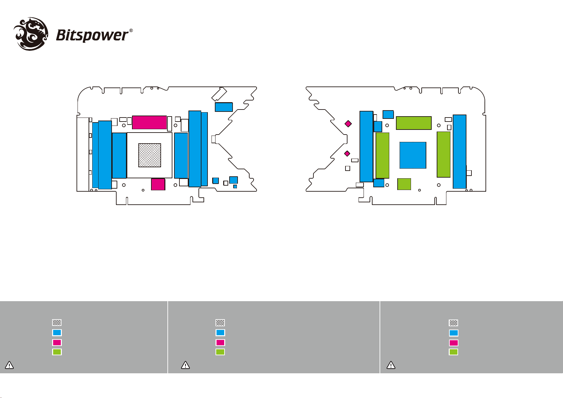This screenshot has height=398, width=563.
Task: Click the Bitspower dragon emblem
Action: (x=31, y=34)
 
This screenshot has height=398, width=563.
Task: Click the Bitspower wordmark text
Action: (x=92, y=35)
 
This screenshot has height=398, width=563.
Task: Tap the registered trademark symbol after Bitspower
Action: (x=131, y=31)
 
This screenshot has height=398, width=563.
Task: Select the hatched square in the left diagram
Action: (x=150, y=155)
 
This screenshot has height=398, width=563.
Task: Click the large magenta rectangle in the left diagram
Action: (x=149, y=122)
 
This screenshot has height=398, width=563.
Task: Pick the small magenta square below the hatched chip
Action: (x=158, y=184)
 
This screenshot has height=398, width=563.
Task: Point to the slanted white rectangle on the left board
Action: (x=219, y=94)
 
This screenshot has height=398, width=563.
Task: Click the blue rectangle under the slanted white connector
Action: (x=224, y=107)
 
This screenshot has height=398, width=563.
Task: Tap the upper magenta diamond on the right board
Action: (x=348, y=124)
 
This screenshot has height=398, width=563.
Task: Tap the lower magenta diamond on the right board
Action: (x=347, y=154)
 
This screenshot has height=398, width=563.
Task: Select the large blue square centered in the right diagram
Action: (x=413, y=155)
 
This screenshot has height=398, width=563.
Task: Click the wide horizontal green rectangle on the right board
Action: (x=414, y=123)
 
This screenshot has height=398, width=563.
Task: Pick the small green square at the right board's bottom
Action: (x=404, y=184)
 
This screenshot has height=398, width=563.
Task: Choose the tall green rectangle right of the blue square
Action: (x=444, y=155)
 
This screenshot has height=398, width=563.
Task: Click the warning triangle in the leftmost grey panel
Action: (x=9, y=365)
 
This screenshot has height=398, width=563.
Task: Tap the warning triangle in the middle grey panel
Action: (x=185, y=365)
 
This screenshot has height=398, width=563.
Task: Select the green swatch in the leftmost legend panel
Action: (x=57, y=352)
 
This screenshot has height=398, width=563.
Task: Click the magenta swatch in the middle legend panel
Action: (x=220, y=343)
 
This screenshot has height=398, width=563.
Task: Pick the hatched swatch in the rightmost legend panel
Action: (x=453, y=323)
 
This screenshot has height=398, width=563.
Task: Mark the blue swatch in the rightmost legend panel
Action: (x=453, y=333)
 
